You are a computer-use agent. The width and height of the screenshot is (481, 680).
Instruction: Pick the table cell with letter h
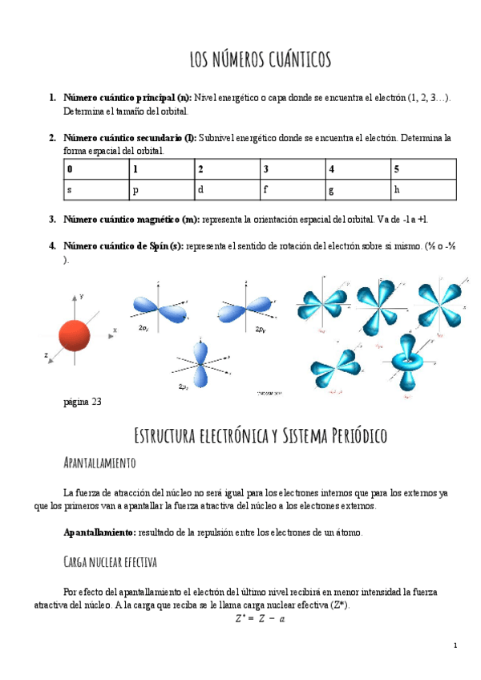point(422,190)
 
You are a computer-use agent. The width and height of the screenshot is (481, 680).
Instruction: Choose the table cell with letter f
point(292,190)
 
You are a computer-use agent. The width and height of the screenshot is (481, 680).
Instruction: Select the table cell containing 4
point(358,169)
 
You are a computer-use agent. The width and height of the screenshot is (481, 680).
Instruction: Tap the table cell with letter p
point(161,190)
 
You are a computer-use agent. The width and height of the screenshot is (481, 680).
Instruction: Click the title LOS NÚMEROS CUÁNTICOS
point(260,60)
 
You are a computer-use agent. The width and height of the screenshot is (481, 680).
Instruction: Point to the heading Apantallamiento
point(99,463)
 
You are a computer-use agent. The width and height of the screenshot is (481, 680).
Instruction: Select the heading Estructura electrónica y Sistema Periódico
point(260,436)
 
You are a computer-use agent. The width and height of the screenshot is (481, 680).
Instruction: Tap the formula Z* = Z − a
point(261,618)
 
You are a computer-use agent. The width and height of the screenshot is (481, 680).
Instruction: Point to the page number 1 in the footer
point(455,646)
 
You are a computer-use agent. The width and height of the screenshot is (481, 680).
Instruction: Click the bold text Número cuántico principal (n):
point(127,98)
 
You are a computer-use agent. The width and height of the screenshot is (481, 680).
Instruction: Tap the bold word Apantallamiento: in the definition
point(100,532)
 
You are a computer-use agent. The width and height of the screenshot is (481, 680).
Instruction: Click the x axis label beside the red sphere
point(115,330)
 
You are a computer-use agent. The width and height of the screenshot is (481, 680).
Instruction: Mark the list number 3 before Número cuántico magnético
point(52,219)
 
